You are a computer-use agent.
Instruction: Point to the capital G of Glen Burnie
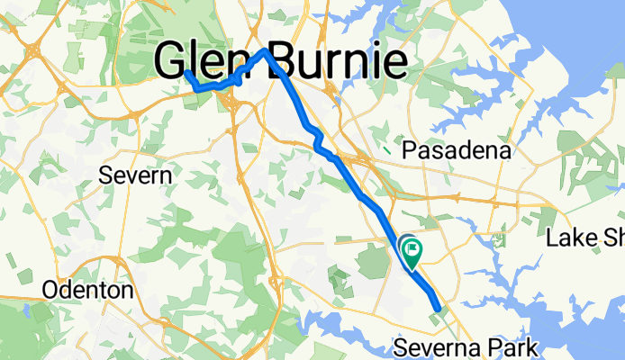tap(170, 62)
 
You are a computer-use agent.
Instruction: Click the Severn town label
tap(135, 175)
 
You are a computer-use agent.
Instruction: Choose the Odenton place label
tap(88, 291)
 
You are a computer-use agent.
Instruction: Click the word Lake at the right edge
tap(571, 238)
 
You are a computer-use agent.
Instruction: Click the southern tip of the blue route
tap(439, 310)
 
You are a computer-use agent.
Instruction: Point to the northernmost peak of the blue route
tap(265, 50)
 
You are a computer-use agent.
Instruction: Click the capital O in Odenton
tap(51, 291)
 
